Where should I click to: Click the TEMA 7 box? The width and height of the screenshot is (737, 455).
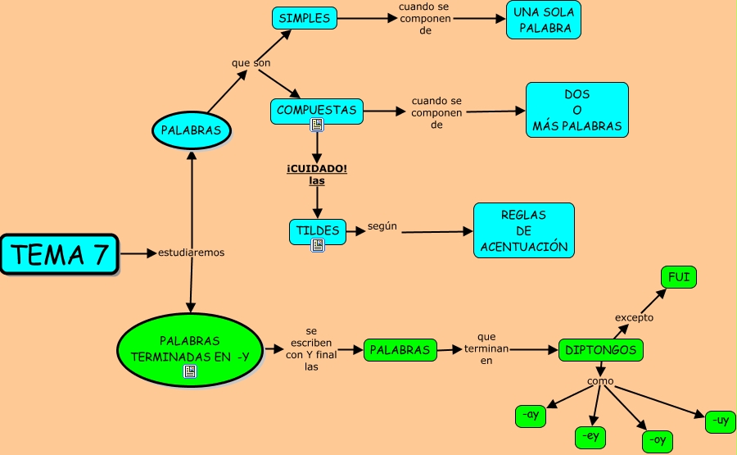coord(60,254)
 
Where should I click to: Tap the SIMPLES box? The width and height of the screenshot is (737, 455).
coord(304,18)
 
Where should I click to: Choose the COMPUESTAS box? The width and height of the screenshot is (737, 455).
coord(316,110)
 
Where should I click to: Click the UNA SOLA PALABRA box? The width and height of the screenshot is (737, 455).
coord(544,20)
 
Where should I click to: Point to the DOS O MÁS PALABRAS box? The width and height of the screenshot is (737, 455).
coord(576,111)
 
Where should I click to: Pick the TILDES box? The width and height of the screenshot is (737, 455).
coord(318,230)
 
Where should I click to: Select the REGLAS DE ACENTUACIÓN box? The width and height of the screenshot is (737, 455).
coord(523,230)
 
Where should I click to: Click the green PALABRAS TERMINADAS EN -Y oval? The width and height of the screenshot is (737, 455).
coord(189,348)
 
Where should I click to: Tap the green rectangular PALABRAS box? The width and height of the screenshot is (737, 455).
coord(400,350)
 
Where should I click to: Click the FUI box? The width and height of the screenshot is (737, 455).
coord(679,278)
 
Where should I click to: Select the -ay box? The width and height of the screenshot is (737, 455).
coord(531,416)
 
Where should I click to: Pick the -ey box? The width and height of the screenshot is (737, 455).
coord(591,438)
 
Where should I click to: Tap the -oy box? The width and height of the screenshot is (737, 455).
coord(657,441)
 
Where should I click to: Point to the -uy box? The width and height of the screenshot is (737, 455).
coord(720,421)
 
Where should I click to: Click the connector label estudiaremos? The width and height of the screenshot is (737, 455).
coord(191,253)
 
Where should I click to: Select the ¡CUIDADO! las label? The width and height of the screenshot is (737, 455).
coord(317,175)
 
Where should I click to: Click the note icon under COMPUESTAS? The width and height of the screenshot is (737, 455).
coord(317,125)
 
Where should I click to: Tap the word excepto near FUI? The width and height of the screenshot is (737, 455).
coord(634,317)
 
